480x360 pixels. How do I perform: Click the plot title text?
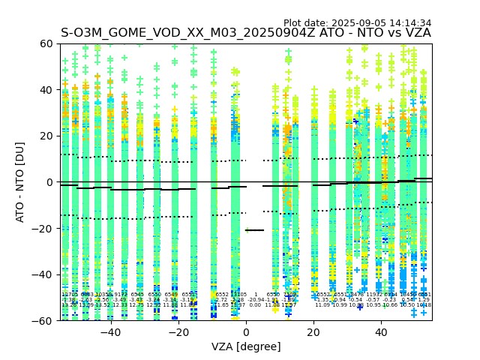[x=246, y=33]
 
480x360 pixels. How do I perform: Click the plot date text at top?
[x=357, y=23]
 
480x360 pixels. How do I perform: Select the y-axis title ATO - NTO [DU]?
[x=21, y=181]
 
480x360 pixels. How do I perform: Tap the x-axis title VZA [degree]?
[x=246, y=346]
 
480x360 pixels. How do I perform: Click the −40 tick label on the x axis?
[x=110, y=332]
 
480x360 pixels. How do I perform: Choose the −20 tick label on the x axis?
[x=178, y=332]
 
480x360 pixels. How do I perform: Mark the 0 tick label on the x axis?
[x=246, y=332]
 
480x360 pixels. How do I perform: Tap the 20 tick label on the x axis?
[x=313, y=332]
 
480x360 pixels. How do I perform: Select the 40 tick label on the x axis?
[x=381, y=332]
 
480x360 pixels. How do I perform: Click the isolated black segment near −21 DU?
[x=255, y=230]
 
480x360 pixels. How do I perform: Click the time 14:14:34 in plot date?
[x=410, y=23]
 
